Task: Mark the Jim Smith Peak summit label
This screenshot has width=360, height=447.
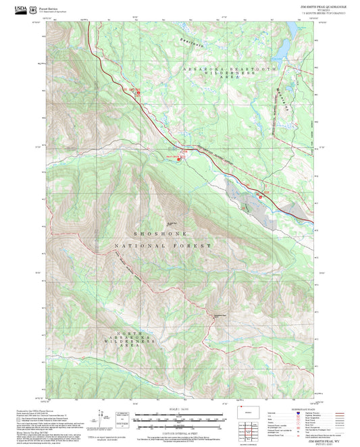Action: (172, 225)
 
